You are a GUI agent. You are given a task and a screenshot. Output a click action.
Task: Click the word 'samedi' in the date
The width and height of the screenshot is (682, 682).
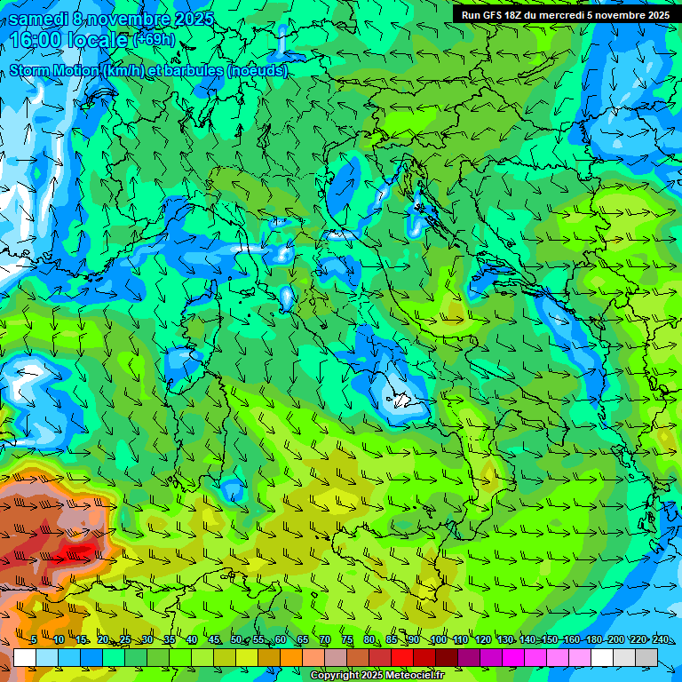[38, 19]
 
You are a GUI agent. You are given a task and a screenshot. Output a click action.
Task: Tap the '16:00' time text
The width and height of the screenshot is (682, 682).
[37, 40]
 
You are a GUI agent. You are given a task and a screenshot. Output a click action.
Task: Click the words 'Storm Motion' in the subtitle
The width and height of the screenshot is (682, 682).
[54, 71]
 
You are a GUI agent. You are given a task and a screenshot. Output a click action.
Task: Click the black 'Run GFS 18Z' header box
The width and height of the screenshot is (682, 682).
[566, 14]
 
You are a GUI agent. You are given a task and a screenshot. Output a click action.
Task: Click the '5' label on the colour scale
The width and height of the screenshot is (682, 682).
[34, 639]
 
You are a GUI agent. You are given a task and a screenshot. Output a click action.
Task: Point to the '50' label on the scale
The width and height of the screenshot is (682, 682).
[235, 639]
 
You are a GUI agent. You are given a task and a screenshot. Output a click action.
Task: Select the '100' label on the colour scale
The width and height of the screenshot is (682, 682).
[438, 639]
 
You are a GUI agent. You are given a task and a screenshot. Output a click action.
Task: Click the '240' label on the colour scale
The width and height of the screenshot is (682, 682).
[660, 639]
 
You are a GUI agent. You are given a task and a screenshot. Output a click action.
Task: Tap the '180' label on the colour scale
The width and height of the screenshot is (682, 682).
[593, 639]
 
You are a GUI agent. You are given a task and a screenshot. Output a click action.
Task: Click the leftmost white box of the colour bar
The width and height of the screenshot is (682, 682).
[25, 657]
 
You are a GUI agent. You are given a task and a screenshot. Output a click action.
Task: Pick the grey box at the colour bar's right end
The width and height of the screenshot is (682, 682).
[646, 657]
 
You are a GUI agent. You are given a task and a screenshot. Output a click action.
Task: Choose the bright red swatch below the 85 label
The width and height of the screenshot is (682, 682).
[402, 657]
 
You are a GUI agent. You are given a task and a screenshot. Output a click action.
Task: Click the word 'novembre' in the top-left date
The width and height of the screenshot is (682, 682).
[133, 19]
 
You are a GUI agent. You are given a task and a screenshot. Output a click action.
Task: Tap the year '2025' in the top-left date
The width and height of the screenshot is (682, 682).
[195, 19]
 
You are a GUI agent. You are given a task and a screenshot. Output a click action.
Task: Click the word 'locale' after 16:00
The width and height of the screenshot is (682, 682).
[99, 40]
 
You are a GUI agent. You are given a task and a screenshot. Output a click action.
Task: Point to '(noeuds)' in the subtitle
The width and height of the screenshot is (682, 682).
[258, 71]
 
